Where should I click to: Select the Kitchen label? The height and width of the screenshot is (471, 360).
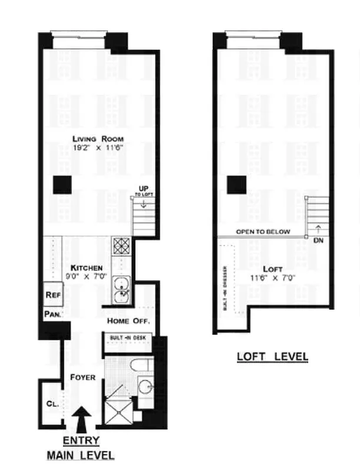pos(87,267)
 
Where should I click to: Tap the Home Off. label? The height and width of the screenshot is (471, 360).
pos(128,321)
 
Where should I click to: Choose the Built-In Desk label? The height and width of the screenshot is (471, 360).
pos(128,337)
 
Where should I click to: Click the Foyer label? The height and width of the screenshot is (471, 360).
pos(82,377)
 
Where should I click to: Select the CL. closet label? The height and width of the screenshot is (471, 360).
pos(52,404)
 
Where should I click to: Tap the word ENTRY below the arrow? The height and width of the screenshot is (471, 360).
pos(81,440)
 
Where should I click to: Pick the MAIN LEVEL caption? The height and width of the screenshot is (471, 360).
pos(81,455)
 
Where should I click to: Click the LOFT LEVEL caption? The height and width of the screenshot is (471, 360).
pos(272,357)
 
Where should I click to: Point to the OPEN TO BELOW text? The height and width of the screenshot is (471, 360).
pos(263,231)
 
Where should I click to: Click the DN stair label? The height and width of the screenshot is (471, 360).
pos(318,240)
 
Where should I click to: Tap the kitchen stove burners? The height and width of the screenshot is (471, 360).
pos(121,245)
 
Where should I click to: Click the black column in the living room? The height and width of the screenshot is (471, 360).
pos(62,185)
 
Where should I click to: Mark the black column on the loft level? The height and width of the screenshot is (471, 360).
pos(237,185)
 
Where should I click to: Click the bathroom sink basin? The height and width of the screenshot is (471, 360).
pos(145,387)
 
